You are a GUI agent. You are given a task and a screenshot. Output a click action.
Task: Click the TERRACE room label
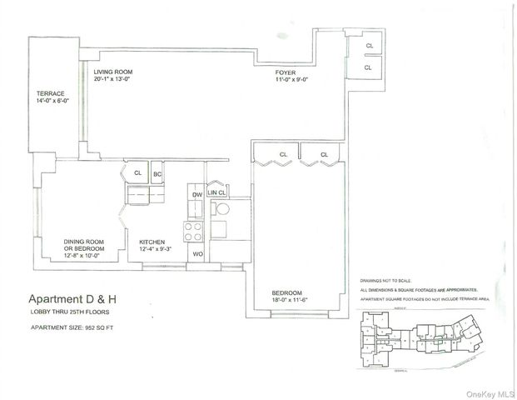pos(50,93)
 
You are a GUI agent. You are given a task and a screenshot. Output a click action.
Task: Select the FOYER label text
pos(286,72)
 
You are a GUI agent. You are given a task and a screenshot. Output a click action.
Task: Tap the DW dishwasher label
pos(197,194)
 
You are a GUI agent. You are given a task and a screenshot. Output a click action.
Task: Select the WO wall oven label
pos(197,253)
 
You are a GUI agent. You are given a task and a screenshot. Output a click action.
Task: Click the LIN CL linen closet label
pos(216,192)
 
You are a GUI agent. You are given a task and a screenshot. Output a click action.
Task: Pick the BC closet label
pos(157,174)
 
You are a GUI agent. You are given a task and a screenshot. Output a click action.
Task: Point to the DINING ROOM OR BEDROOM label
pos(84,246)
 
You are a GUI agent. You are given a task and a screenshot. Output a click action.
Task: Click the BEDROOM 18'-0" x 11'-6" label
pos(291,297)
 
